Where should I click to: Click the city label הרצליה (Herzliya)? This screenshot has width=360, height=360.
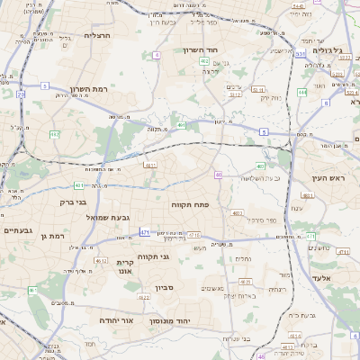pyautogui.click(x=95, y=37)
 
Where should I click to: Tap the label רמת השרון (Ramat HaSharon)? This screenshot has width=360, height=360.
pyautogui.click(x=89, y=90)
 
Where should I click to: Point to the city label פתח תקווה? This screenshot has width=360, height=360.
pyautogui.click(x=190, y=205)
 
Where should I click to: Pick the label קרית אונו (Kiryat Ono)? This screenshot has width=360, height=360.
pyautogui.click(x=124, y=265)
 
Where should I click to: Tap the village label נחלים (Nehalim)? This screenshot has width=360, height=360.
pyautogui.click(x=243, y=258)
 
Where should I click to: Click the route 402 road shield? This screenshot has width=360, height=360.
pyautogui.click(x=204, y=61)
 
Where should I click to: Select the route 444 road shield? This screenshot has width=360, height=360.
pyautogui.click(x=301, y=92)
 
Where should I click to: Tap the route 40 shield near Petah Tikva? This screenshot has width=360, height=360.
pyautogui.click(x=218, y=175)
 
